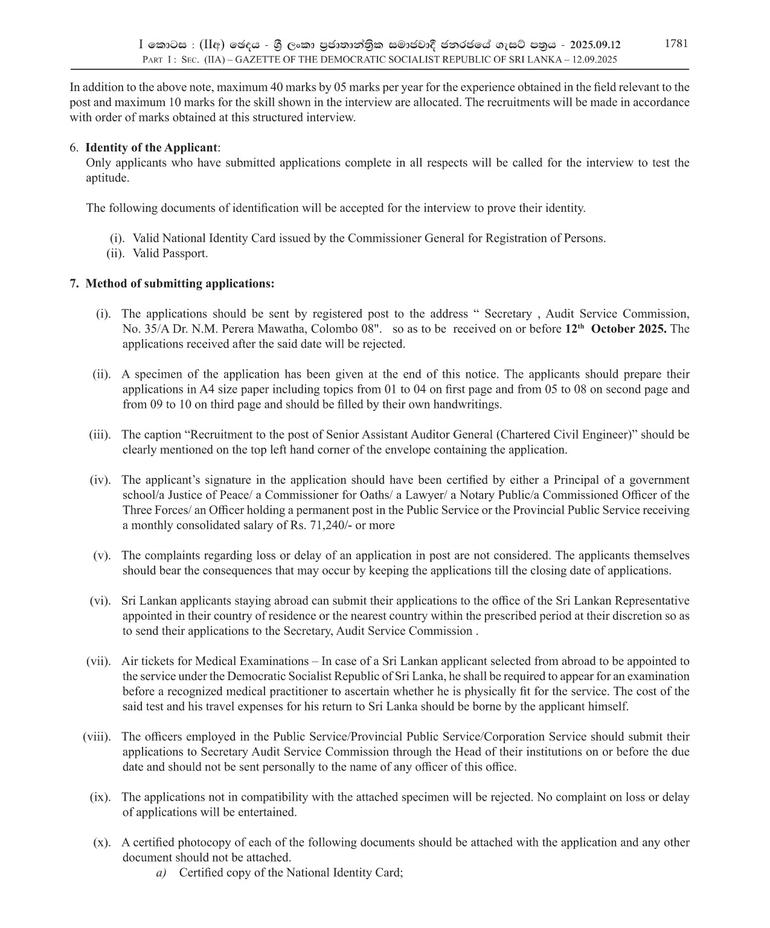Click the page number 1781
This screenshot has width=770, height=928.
coord(676,43)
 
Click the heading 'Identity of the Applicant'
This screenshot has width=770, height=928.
coord(151,148)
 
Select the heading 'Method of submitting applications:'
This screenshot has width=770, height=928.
coord(179,284)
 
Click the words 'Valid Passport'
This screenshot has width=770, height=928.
coord(170,253)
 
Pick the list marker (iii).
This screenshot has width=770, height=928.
coord(100,435)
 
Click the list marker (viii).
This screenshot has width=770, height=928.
coord(97,737)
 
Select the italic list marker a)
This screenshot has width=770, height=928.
coord(161,873)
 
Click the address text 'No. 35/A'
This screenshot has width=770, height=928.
coord(144,329)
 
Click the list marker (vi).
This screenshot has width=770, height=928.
coord(100,601)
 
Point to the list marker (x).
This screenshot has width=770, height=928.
coord(101,843)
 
